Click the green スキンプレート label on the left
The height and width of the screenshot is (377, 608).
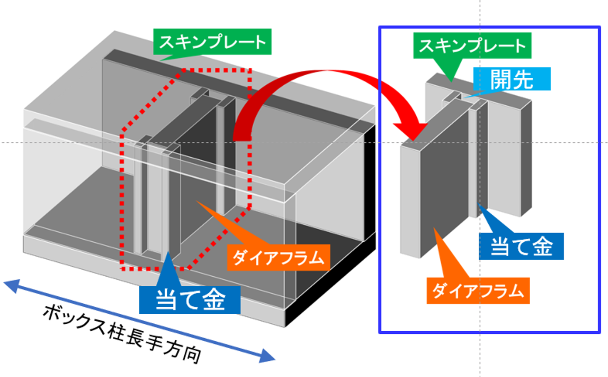tap(212, 42)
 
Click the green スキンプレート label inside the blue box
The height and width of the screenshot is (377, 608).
tap(472, 45)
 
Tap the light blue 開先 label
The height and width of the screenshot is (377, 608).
tap(512, 79)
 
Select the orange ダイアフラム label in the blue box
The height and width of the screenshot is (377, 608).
tap(478, 290)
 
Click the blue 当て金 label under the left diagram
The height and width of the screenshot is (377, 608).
tap(190, 300)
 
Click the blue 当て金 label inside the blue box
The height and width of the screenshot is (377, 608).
tap(521, 246)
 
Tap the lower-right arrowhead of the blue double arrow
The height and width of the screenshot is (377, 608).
tap(266, 357)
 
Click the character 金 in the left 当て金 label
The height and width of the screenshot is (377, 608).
tap(214, 300)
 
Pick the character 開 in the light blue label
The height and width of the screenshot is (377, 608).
tap(501, 79)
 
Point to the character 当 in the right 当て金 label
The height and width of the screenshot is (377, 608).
tap(500, 246)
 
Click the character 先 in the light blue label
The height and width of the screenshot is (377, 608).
tap(523, 79)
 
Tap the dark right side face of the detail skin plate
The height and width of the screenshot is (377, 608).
tap(526, 158)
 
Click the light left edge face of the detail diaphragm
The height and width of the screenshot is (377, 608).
tap(410, 200)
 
